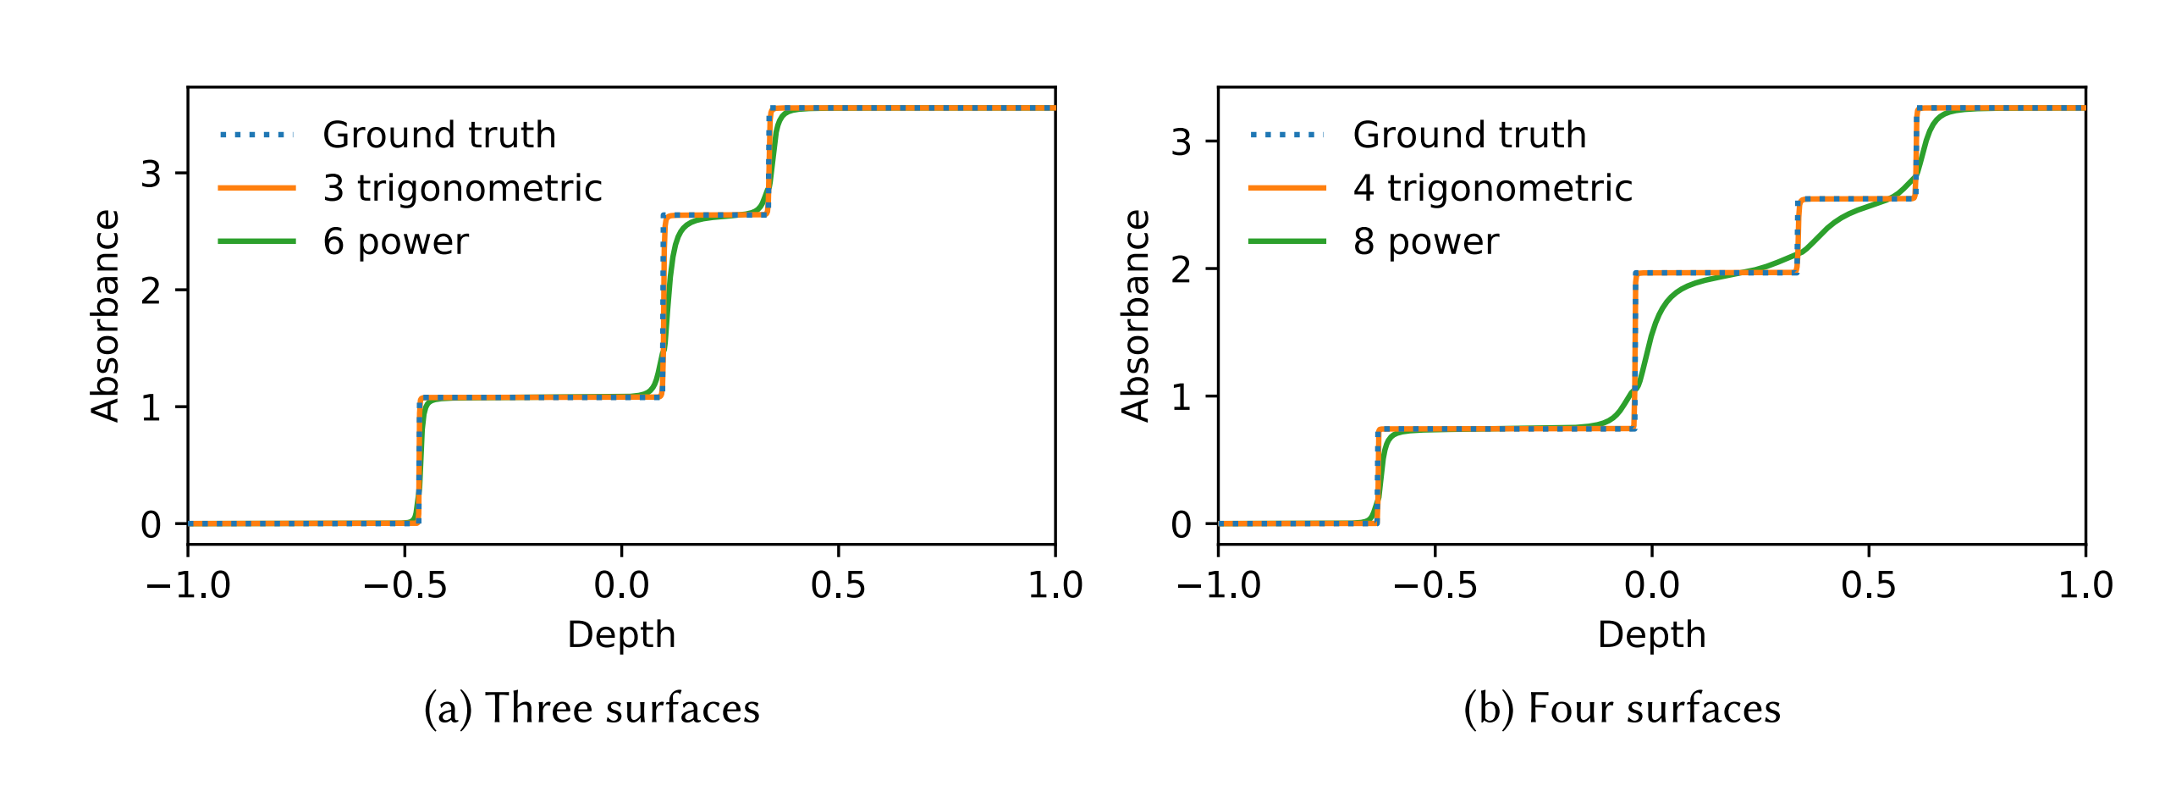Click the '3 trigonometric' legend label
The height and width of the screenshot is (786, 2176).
point(462,188)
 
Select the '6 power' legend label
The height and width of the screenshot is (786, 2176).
point(395,242)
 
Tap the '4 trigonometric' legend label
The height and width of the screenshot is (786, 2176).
point(1492,188)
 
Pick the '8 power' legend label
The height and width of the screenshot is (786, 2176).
point(1425,242)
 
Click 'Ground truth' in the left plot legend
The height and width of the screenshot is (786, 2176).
point(439,136)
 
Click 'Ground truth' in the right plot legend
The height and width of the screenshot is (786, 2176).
point(1469,136)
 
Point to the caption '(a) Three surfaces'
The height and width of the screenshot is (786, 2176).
point(592,708)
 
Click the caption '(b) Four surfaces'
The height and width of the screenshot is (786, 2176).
point(1622,708)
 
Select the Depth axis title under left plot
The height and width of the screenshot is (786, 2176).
point(621,634)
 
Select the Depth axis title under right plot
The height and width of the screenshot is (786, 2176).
point(1651,634)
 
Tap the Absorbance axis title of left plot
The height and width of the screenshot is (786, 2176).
point(106,315)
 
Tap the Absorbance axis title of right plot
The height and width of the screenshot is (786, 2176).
point(1136,315)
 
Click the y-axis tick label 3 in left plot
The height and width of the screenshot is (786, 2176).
point(151,174)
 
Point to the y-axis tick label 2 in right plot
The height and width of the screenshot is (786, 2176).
point(1181,269)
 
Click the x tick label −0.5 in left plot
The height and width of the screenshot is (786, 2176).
point(405,585)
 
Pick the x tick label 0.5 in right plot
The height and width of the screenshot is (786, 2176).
point(1869,585)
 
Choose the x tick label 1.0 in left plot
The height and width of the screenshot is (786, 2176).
point(1055,585)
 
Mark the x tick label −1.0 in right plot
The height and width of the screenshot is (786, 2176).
point(1218,585)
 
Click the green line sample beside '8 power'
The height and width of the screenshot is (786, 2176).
point(1286,241)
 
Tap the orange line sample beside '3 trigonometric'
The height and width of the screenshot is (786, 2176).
point(256,188)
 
